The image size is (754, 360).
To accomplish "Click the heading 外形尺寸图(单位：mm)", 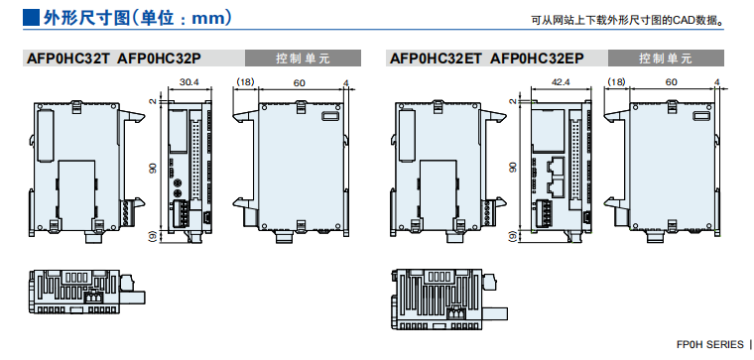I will (x=139, y=17).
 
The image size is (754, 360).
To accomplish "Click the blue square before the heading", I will (x=30, y=17).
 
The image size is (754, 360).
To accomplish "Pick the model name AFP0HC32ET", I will (x=437, y=58).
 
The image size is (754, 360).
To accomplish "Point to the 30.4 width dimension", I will (x=188, y=82).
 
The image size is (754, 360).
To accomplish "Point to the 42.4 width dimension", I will (x=559, y=82).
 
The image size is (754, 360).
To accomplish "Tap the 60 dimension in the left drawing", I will (x=300, y=82).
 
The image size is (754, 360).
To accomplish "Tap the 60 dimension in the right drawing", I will (x=672, y=82).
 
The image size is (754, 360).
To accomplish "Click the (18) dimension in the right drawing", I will (x=616, y=82).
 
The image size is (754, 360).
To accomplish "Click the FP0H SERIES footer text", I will (x=708, y=344).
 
